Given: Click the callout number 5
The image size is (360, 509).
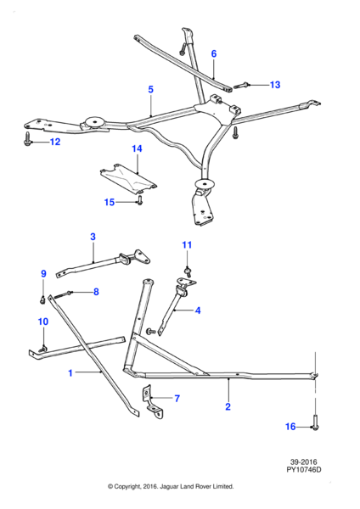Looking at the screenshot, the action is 150,89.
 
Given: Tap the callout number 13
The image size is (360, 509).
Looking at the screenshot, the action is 275,85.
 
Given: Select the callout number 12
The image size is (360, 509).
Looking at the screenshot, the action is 55,142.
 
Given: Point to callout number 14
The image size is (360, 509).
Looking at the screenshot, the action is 137,148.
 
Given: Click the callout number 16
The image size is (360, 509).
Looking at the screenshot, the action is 290,427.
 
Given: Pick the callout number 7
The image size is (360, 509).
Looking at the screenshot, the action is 177,399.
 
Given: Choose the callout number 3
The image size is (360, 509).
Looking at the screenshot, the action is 93,237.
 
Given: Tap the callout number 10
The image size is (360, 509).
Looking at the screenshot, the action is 43,322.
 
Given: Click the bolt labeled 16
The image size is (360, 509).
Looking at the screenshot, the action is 315,422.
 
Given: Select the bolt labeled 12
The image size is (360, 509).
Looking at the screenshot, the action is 27,138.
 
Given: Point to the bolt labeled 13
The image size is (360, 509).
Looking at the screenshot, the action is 241,86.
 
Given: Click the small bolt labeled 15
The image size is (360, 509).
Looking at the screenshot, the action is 140,200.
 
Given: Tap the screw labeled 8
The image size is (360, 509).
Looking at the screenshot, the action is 62,294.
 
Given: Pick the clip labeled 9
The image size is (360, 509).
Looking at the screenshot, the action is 42,300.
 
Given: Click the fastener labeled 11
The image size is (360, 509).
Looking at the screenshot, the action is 188,271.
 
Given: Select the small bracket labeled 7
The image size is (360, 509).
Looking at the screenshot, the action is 151,402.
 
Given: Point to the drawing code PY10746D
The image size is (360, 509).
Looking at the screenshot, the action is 303,469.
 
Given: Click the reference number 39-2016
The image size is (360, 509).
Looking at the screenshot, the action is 303,461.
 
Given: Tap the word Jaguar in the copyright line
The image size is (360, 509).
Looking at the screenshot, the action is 167,487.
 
